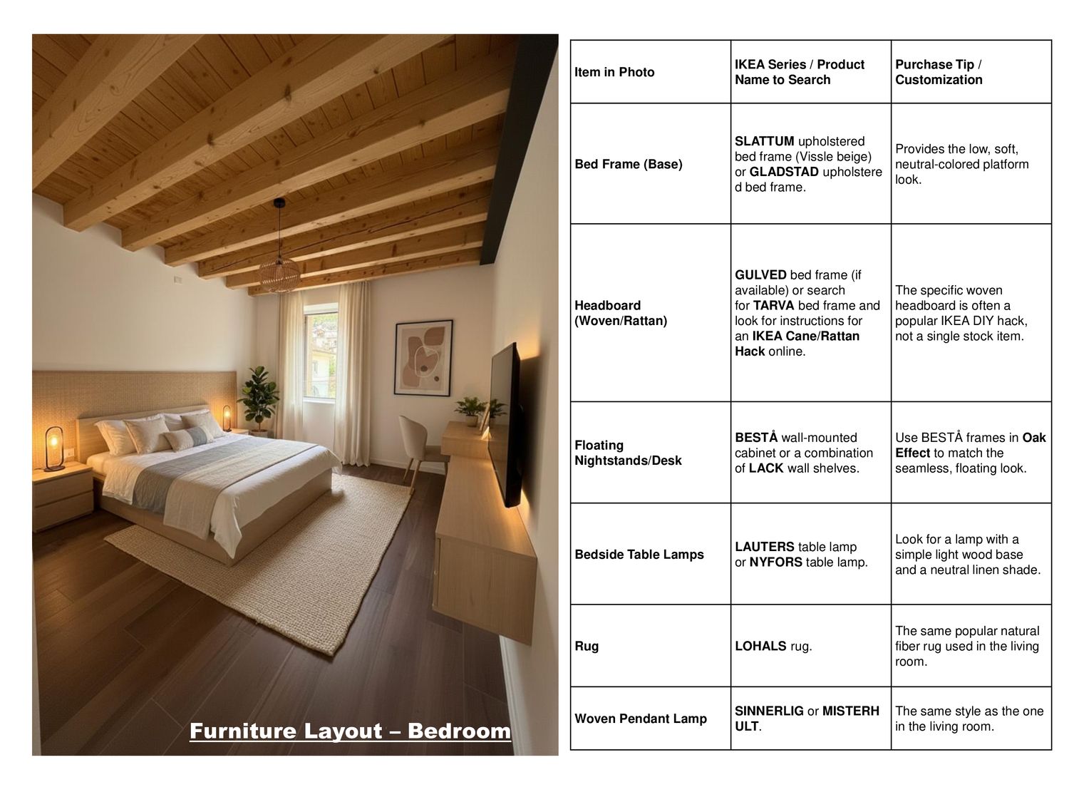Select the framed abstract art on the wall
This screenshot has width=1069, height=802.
[423, 357]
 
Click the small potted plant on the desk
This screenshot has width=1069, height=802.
[471, 411]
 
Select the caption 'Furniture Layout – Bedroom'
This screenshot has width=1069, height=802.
[350, 731]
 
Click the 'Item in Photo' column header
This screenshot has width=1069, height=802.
[614, 72]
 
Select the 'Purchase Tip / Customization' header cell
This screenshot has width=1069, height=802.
[939, 72]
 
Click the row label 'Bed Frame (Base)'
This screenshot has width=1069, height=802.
[628, 164]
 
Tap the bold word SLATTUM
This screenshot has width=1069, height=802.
[764, 141]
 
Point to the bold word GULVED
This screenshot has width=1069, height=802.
[760, 274]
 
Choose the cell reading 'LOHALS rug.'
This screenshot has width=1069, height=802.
[773, 646]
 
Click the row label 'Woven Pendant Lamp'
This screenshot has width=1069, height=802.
[641, 719]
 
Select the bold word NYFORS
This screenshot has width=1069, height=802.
[775, 562]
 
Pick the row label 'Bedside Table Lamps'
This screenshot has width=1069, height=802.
[639, 554]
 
